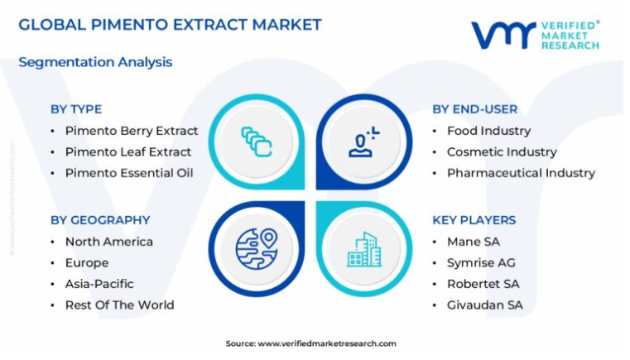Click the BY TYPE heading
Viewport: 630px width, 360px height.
[76, 109]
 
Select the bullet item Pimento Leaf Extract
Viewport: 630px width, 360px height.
[128, 152]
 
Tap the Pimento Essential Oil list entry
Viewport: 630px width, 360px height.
[129, 173]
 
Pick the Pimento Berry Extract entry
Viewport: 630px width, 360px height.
[132, 131]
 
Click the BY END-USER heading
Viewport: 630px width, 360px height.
[475, 109]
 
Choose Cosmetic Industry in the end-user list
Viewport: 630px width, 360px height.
[502, 152]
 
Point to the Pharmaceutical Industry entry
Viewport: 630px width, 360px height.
[521, 173]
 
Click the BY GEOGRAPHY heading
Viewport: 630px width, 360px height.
[100, 220]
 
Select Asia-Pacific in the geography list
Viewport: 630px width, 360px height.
[99, 284]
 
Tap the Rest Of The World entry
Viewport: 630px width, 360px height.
[120, 305]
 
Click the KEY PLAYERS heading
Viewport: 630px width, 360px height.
[474, 220]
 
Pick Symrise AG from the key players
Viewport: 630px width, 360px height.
[481, 263]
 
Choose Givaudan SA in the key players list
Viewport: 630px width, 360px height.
[485, 305]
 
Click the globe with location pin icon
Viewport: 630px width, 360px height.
[257, 249]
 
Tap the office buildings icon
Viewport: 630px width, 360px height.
[364, 249]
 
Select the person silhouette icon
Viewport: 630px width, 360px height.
[363, 142]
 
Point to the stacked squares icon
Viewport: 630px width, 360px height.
[257, 142]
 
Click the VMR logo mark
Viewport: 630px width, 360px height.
[504, 35]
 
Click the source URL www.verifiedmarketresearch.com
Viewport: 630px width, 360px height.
[327, 344]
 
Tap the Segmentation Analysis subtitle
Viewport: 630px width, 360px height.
[95, 62]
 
